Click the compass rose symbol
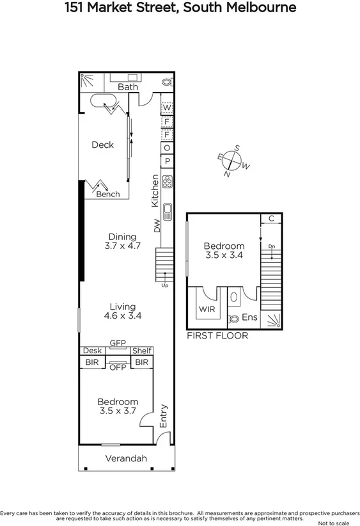point(233,161)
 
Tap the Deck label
point(102,145)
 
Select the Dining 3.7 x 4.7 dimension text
point(121,245)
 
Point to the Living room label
point(122,307)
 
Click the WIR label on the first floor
point(206,309)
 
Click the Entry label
point(164,416)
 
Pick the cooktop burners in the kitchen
point(168,182)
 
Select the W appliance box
point(167,108)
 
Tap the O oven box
point(167,148)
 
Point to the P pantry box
point(167,161)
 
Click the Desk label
point(92,351)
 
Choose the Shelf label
point(141,351)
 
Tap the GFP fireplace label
point(117,343)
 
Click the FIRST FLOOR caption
point(217,335)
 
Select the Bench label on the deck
point(107,194)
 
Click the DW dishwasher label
point(156,225)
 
